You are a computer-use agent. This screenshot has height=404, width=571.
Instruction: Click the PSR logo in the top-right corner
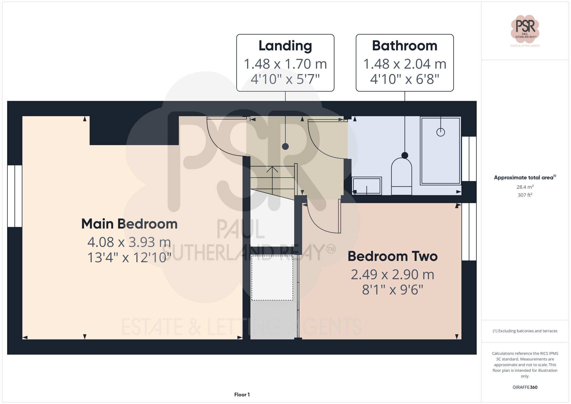525,29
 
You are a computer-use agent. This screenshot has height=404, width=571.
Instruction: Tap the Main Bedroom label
129,224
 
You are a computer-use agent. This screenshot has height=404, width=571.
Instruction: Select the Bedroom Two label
392,256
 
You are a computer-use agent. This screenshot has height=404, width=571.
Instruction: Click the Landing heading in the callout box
285,46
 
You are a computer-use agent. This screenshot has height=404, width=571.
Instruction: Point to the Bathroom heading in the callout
404,46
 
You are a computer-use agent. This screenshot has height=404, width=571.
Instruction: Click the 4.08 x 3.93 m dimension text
129,242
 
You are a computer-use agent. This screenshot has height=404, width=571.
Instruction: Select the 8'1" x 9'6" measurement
392,290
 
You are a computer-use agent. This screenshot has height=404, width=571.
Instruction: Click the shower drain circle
441,132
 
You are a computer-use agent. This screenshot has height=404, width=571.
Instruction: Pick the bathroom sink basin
367,186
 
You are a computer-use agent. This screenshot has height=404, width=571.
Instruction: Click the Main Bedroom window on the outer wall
15,196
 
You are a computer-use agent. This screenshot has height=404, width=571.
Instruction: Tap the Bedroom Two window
469,232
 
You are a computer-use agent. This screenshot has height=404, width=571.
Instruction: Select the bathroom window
469,159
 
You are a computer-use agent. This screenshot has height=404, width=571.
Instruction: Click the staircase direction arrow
272,170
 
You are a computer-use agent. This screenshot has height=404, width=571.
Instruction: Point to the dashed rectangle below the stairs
272,278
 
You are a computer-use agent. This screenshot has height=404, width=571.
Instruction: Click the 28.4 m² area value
525,187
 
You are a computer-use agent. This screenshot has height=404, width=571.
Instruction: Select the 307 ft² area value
525,195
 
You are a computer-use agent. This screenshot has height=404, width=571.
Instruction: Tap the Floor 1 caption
242,395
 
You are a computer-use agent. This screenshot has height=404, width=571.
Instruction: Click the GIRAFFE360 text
525,387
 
